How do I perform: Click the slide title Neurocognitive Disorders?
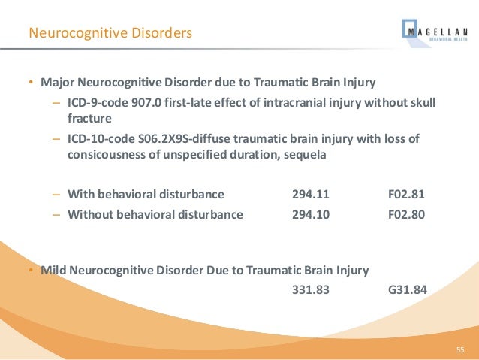pyautogui.click(x=110, y=33)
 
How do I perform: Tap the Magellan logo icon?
pyautogui.click(x=413, y=32)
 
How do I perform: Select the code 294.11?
pyautogui.click(x=310, y=195)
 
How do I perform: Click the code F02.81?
pyautogui.click(x=406, y=195)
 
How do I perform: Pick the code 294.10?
pyautogui.click(x=310, y=214)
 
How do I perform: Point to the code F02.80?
pyautogui.click(x=406, y=214)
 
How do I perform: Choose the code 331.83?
pyautogui.click(x=310, y=289)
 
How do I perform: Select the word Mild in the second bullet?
pyautogui.click(x=54, y=270)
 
